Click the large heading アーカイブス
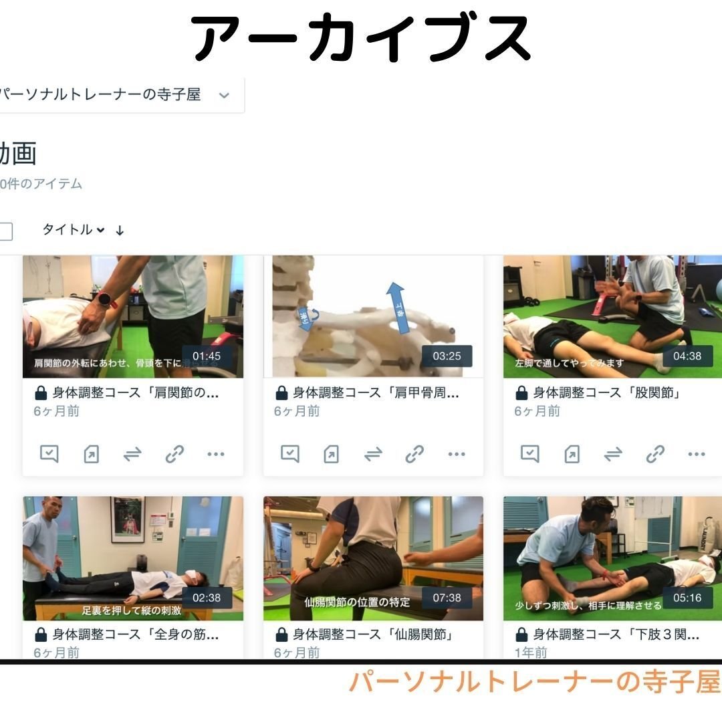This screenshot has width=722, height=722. pos(361,39)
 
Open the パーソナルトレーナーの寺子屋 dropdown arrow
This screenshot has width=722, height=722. pos(224,95)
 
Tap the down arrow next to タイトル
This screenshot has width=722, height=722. pos(120,231)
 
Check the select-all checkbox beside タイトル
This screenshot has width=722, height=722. pos(5,231)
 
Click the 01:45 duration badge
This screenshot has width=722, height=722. pos(207,356)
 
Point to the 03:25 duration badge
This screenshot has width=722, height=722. pos(447,356)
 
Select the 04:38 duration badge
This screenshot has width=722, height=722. pos(687,356)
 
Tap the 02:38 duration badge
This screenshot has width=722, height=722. pos(207,598)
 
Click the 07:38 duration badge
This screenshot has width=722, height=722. pos(447,598)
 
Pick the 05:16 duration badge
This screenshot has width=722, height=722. pos(687,598)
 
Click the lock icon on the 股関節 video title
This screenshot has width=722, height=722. pos(521,393)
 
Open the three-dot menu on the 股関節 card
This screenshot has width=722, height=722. pos(697,455)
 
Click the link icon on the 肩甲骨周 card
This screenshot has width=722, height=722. pos(414,455)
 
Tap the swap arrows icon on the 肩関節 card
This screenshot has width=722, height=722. pos(132,455)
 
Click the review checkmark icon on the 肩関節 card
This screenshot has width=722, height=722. pos(49,454)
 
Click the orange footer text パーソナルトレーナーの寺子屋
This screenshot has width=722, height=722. pos(535,682)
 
